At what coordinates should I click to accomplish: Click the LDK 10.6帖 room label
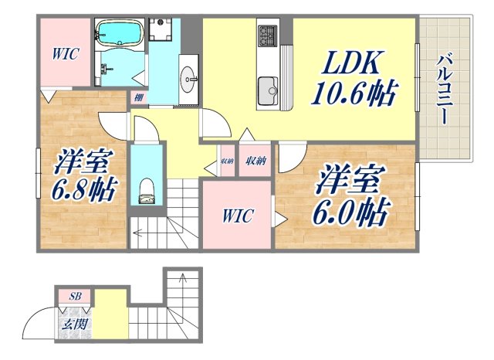(354, 80)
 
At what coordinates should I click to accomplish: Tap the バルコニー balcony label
(445, 90)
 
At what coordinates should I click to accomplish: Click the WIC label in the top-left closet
(65, 55)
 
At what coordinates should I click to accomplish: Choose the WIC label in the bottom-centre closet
(237, 216)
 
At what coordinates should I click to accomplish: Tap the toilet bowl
(146, 190)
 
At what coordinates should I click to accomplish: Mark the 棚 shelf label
(138, 97)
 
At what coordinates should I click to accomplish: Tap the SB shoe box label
(75, 296)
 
